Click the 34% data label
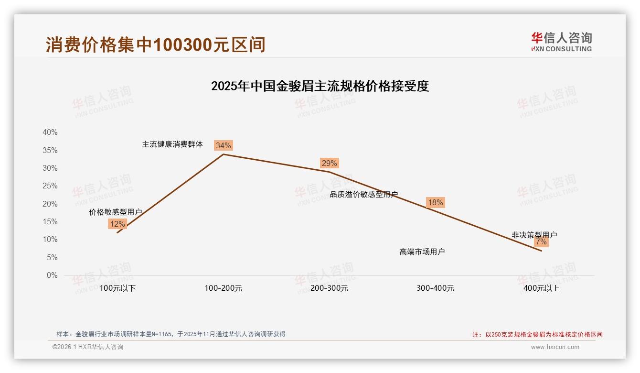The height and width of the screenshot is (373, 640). [223, 145]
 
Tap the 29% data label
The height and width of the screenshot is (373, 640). [329, 163]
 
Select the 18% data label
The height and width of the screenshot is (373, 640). [435, 202]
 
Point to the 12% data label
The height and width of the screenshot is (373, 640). [117, 224]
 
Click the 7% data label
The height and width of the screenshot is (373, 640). [541, 242]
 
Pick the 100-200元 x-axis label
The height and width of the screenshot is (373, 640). [224, 288]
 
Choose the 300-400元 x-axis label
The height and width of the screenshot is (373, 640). [435, 288]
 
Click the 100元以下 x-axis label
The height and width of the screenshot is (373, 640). [117, 288]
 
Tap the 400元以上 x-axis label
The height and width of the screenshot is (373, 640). [541, 288]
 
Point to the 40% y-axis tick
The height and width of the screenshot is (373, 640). [50, 132]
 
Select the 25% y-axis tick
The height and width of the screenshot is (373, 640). [50, 186]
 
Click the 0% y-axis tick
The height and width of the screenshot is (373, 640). [52, 275]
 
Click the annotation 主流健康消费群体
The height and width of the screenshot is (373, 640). [172, 144]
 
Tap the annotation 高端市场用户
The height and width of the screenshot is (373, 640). [422, 252]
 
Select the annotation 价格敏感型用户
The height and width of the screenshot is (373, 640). [116, 212]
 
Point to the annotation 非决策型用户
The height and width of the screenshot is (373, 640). [534, 235]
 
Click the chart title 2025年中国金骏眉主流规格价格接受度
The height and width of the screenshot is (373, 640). [320, 86]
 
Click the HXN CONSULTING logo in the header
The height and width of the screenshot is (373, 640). [561, 42]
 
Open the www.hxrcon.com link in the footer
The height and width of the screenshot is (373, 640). [555, 347]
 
